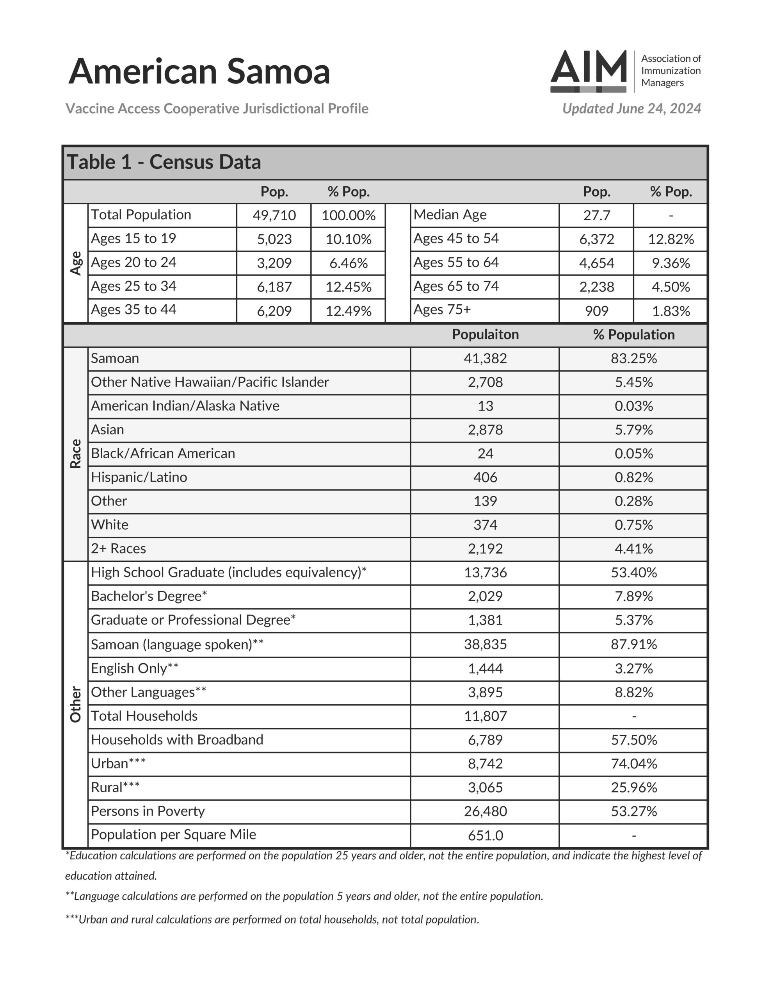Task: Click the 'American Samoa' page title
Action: coord(199,71)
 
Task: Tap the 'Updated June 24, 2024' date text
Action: coord(631,109)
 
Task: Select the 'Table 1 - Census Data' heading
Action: coord(164,162)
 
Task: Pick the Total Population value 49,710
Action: coord(274,215)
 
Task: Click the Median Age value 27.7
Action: coord(596,215)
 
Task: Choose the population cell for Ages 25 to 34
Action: coord(274,287)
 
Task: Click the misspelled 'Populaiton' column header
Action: coord(485,335)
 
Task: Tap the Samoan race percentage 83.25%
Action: coord(633,359)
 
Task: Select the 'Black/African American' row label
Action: coord(163,453)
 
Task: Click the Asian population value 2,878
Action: coord(485,430)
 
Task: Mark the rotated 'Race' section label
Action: coord(75,454)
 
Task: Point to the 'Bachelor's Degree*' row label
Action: coord(149,596)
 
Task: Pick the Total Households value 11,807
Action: coord(485,716)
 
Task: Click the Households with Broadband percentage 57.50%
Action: coord(633,740)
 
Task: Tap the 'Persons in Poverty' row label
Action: coord(148,811)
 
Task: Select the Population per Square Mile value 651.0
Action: coord(485,836)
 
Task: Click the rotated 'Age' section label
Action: coord(75,263)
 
